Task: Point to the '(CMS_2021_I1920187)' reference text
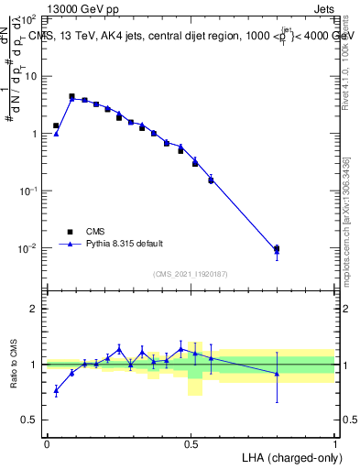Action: (x=191, y=274)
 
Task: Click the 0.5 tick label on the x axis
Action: (x=191, y=442)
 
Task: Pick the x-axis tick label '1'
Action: (x=334, y=442)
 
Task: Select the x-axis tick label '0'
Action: (x=47, y=442)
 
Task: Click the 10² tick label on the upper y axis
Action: (x=28, y=18)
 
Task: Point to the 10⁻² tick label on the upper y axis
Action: (x=28, y=248)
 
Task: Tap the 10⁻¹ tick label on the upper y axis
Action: (x=28, y=191)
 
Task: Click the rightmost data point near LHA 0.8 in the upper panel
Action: (x=277, y=248)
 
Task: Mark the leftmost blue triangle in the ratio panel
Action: (x=56, y=390)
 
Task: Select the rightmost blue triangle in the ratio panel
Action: (x=277, y=373)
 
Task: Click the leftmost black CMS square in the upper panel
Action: (x=56, y=125)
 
